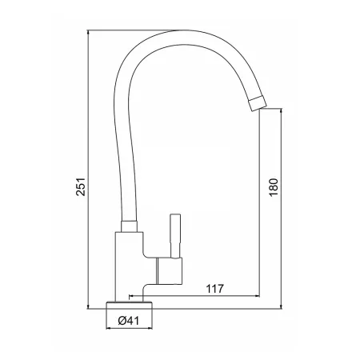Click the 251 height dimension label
(x=81, y=187)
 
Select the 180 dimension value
(x=274, y=186)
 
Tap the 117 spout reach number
(x=215, y=289)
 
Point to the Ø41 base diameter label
(x=129, y=321)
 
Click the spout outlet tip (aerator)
(x=258, y=103)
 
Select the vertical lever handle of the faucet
(x=175, y=236)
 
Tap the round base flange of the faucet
(x=130, y=305)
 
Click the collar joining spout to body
(x=130, y=226)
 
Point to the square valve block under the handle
(x=169, y=270)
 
